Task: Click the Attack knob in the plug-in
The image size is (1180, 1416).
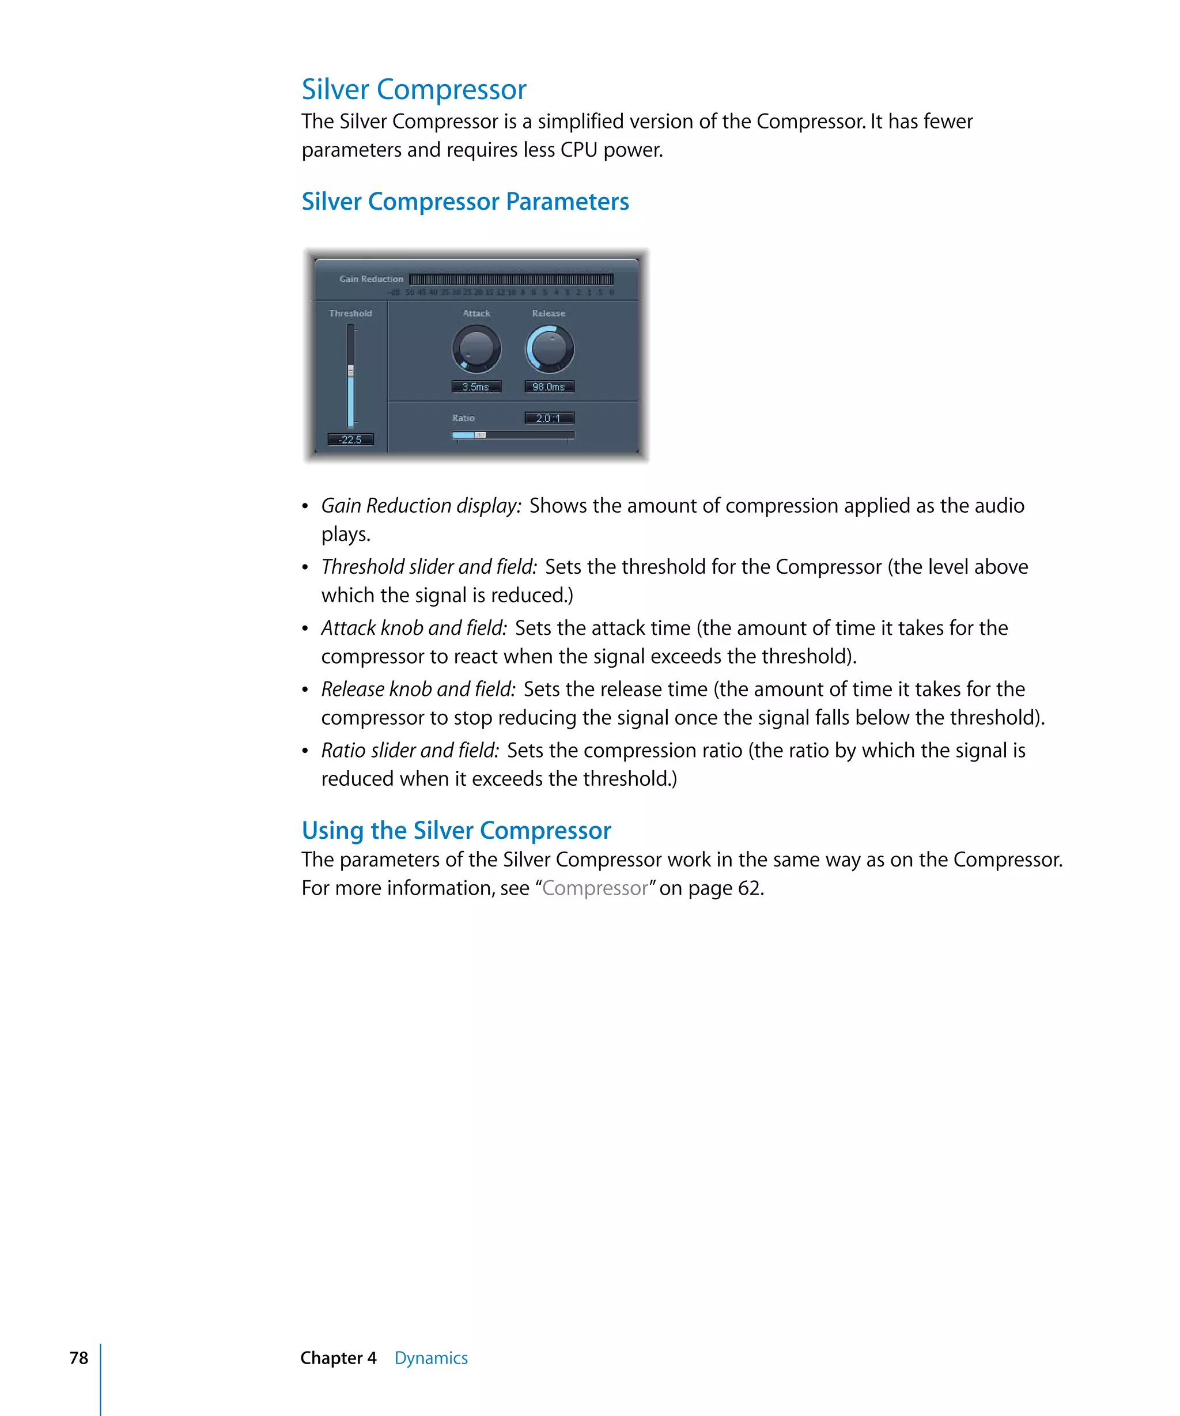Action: tap(476, 349)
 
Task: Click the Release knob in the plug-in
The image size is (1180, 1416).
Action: tap(549, 349)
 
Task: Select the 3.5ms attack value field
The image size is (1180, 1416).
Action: tap(476, 387)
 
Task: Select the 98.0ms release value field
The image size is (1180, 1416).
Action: tap(549, 387)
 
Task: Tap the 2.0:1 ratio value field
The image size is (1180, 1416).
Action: tap(549, 418)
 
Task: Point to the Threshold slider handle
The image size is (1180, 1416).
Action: tap(351, 370)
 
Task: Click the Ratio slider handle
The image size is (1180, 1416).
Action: tap(480, 435)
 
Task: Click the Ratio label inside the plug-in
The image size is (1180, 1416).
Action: tap(463, 418)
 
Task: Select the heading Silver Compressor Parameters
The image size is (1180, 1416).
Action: tap(464, 202)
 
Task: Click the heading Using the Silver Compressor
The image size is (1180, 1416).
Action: tap(456, 830)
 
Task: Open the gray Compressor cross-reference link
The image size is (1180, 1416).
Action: tap(595, 888)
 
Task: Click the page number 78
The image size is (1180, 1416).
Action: tap(79, 1358)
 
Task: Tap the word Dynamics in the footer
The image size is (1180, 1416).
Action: tap(431, 1358)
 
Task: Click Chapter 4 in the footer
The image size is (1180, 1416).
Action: tap(338, 1358)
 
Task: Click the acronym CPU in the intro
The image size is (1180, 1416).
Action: tap(578, 150)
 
